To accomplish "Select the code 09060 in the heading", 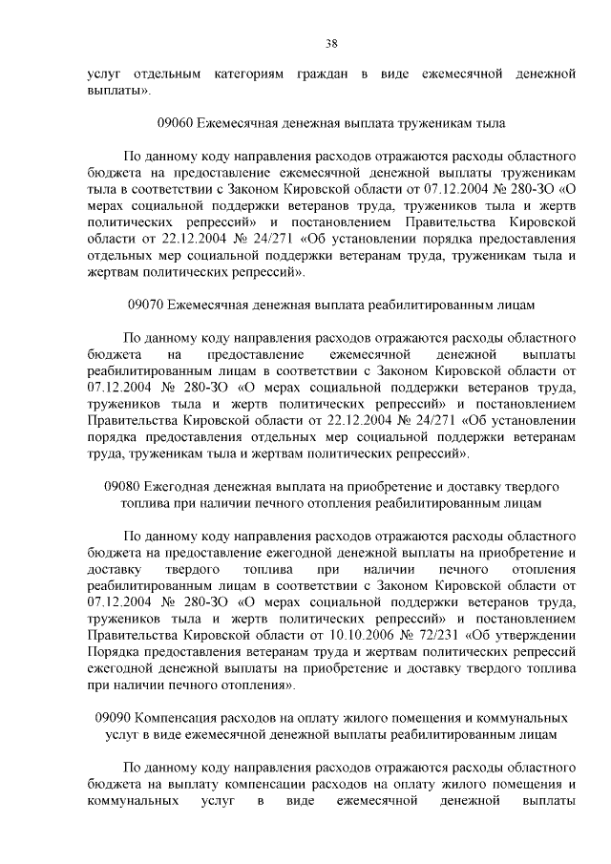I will point(174,123).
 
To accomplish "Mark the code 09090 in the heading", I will point(115,716).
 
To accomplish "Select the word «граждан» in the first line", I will point(315,74).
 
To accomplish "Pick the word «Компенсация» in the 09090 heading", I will point(179,716).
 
